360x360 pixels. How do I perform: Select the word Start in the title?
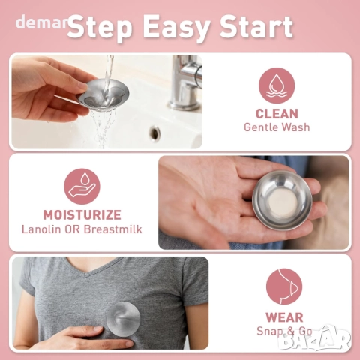[x=256, y=26]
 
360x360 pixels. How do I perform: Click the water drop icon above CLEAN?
[x=277, y=85]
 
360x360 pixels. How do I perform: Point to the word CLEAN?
[x=277, y=114]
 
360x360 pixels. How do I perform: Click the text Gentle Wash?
[x=277, y=127]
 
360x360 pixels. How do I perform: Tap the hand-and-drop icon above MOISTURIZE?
[x=82, y=187]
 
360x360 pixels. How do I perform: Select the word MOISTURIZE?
[x=82, y=215]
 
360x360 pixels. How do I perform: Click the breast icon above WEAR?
[x=284, y=286]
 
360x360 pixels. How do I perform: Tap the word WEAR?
[x=284, y=317]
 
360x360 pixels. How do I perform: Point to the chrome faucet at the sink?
[x=185, y=82]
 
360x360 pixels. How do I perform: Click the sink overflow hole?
[x=155, y=133]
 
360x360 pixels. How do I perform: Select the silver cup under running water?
[x=103, y=93]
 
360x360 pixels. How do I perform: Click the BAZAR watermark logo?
[x=315, y=340]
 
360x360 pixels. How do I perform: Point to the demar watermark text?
[x=41, y=22]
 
